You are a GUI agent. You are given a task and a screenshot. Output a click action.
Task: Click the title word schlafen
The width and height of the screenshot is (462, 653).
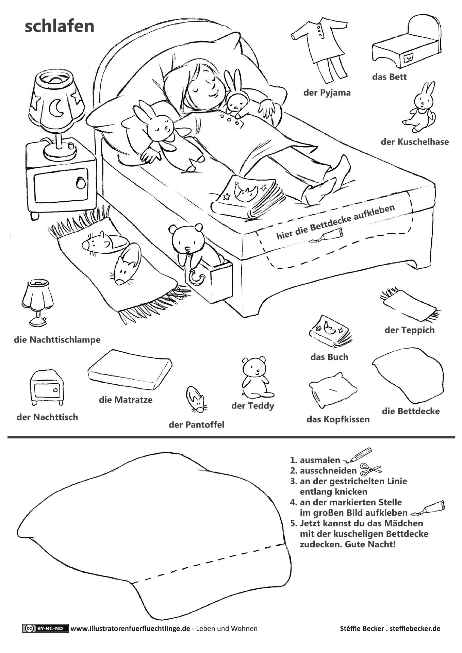click(59, 26)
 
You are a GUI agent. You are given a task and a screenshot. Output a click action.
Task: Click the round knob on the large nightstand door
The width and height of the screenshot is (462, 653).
click(81, 183)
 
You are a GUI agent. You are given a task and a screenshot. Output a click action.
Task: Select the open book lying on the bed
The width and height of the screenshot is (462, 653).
click(248, 197)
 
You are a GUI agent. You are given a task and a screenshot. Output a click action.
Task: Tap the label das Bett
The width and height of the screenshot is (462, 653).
click(389, 77)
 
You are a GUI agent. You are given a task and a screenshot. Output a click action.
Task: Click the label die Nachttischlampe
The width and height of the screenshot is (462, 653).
click(57, 339)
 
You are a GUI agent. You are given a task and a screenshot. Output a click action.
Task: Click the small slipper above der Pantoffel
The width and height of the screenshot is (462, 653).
click(196, 400)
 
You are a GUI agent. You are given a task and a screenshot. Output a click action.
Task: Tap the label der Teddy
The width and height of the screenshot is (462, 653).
click(252, 405)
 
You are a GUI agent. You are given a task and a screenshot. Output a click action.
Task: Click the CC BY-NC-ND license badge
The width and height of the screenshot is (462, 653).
click(45, 628)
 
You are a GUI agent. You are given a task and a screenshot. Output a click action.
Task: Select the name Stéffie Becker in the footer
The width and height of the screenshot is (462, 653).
click(361, 629)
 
